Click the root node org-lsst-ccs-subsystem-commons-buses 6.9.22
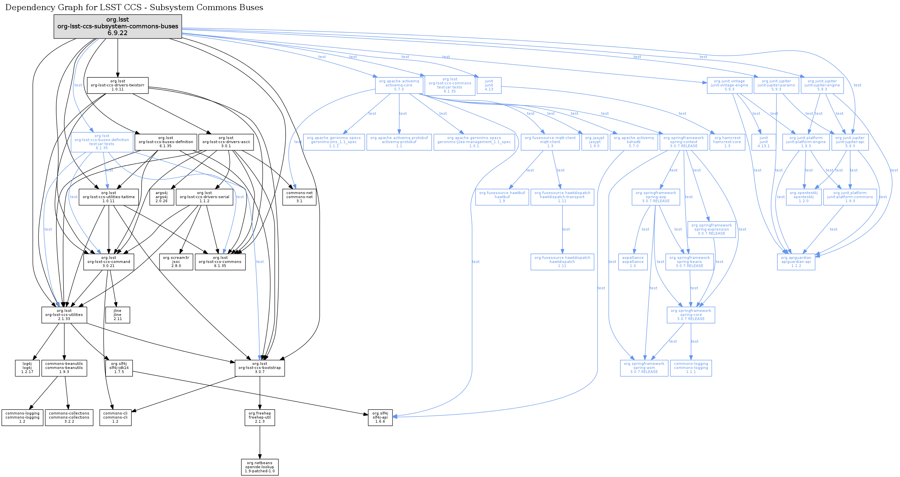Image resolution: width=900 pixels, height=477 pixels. click(118, 27)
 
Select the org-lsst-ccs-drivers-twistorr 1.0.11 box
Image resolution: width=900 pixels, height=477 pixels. click(118, 85)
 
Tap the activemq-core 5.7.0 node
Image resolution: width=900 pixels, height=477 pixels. click(399, 85)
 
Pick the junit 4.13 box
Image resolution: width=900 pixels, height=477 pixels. click(489, 85)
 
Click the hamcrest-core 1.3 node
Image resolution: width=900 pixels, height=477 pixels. click(727, 142)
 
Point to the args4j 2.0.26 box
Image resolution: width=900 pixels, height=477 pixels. click(162, 197)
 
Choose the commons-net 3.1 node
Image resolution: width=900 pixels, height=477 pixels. click(299, 197)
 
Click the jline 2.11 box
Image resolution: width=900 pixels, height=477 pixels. click(118, 315)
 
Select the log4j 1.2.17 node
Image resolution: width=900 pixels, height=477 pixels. click(27, 368)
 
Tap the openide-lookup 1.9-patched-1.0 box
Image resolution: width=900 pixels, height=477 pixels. click(260, 467)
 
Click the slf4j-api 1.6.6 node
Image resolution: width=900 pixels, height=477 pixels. click(380, 418)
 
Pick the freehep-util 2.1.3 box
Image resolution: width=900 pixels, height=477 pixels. click(260, 418)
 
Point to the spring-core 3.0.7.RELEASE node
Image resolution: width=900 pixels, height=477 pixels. click(691, 315)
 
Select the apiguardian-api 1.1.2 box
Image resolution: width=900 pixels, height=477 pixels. click(796, 262)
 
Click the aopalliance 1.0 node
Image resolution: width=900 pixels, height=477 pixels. click(633, 262)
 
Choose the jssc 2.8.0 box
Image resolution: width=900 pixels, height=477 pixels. click(176, 262)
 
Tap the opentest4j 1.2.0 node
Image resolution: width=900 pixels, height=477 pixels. click(804, 197)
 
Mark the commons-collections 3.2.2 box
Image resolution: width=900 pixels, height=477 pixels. click(69, 418)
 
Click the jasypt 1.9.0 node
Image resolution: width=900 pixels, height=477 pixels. click(594, 142)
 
